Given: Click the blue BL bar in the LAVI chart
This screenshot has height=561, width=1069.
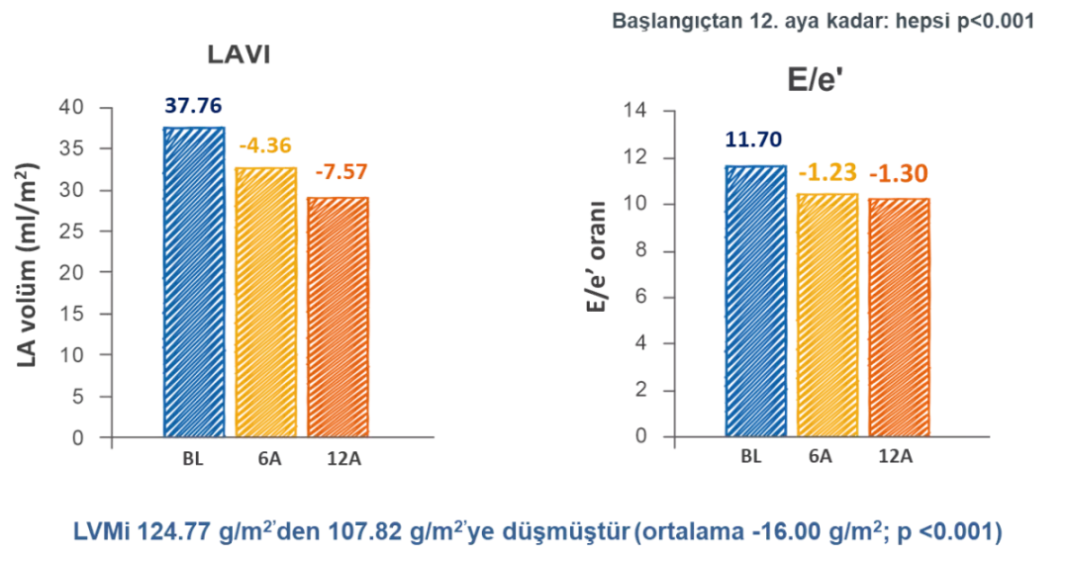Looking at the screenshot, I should point(194,282).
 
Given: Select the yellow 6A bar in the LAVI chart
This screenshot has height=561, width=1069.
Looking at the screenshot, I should point(265,302).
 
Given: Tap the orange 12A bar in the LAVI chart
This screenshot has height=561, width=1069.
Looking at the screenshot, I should point(338,317).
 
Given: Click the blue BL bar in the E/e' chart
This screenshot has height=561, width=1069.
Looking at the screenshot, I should point(755,300).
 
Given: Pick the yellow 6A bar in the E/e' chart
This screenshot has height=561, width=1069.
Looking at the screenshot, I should point(827,315).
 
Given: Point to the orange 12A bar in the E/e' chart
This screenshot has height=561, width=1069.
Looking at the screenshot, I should point(899,317).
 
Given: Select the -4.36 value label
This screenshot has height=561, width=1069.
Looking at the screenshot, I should point(265,145).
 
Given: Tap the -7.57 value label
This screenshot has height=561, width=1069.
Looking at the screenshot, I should point(340,173).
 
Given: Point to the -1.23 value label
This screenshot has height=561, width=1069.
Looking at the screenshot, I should point(827,173).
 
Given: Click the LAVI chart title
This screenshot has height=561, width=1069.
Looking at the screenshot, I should point(238,55).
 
